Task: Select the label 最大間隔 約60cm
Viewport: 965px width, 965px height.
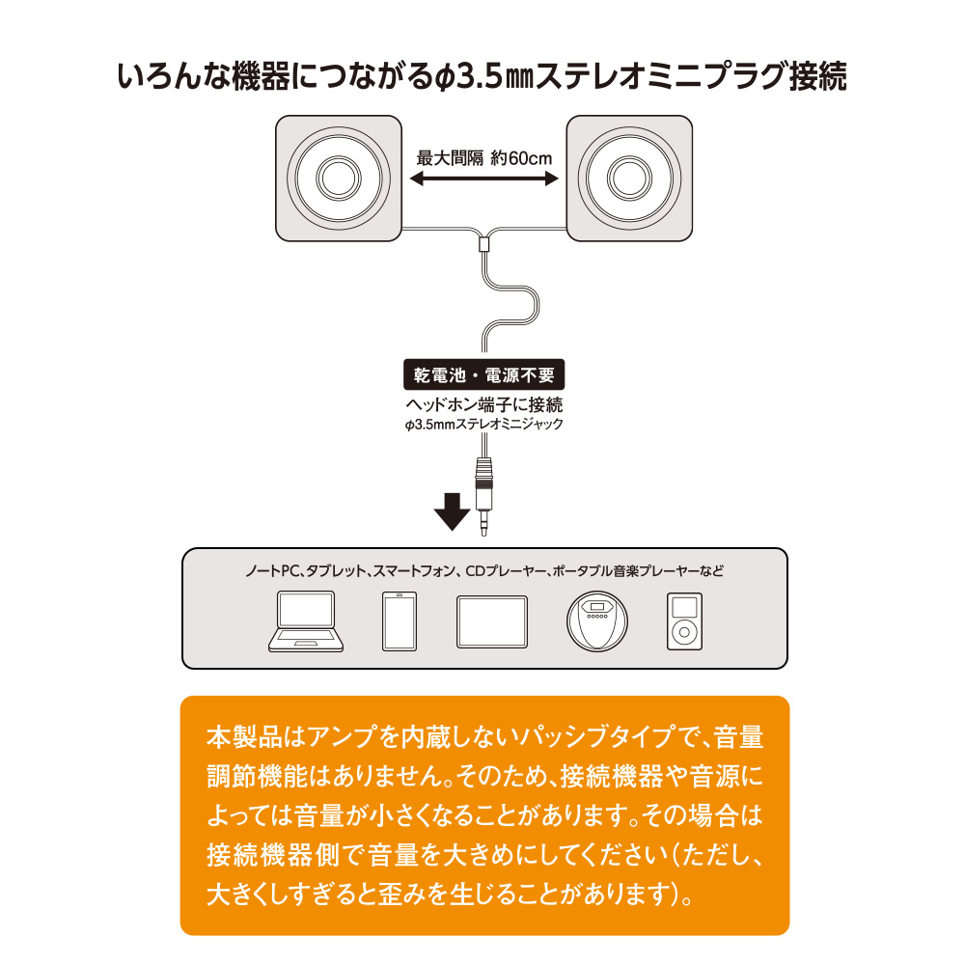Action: (482, 157)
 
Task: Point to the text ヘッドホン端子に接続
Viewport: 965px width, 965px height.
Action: (482, 404)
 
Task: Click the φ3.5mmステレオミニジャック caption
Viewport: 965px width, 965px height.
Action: (482, 424)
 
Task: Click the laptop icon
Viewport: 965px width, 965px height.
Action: (305, 621)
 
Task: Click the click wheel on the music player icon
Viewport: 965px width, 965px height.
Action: (683, 633)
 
